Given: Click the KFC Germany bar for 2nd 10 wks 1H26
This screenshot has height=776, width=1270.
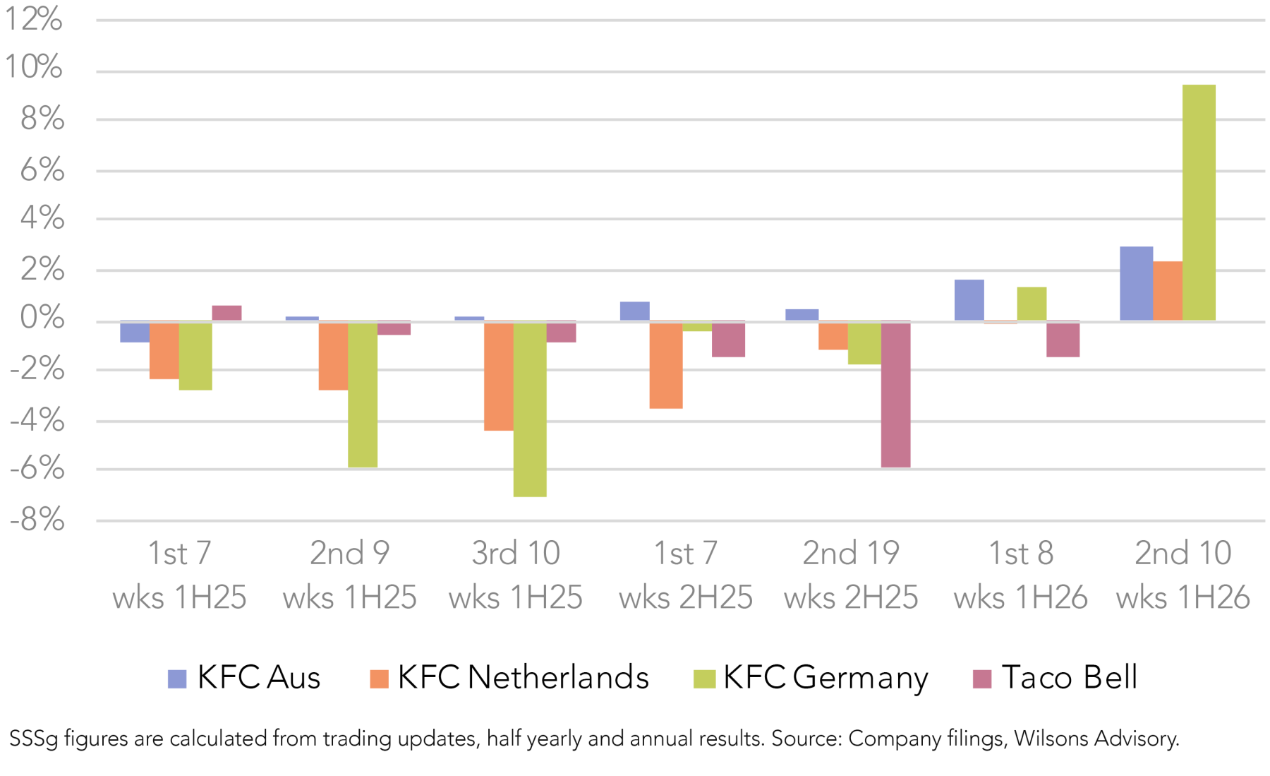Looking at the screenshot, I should (1198, 203).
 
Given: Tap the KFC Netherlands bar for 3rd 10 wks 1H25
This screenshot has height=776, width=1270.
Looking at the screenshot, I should (498, 376).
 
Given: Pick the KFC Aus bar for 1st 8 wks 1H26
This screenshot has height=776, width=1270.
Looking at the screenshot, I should (969, 300).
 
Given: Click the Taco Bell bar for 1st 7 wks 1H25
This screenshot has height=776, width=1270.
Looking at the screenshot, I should (226, 313).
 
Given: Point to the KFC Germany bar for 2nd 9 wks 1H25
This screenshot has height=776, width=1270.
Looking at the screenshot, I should (363, 394).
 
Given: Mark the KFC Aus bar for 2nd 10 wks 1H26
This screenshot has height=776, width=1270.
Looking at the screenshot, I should (1136, 283).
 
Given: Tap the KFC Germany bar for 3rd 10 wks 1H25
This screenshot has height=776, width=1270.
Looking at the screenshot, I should (529, 409).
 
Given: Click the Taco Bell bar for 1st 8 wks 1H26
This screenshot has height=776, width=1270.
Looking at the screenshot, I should (1063, 339).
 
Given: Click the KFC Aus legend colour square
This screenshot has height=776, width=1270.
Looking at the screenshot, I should (177, 679).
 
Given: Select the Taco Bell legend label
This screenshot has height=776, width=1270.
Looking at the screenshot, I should (1069, 677).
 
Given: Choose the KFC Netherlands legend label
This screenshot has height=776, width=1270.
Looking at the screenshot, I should (523, 677).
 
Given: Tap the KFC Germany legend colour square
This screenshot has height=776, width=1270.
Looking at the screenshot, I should (704, 679).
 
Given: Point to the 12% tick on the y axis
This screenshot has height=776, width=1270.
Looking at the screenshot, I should (34, 19).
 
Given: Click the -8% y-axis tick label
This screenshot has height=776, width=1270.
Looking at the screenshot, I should (37, 521).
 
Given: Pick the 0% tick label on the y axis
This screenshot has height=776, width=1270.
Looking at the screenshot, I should (42, 318).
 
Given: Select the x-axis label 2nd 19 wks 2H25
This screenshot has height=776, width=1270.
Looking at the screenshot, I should (851, 575).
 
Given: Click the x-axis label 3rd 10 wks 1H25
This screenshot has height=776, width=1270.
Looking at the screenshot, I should (516, 575).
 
